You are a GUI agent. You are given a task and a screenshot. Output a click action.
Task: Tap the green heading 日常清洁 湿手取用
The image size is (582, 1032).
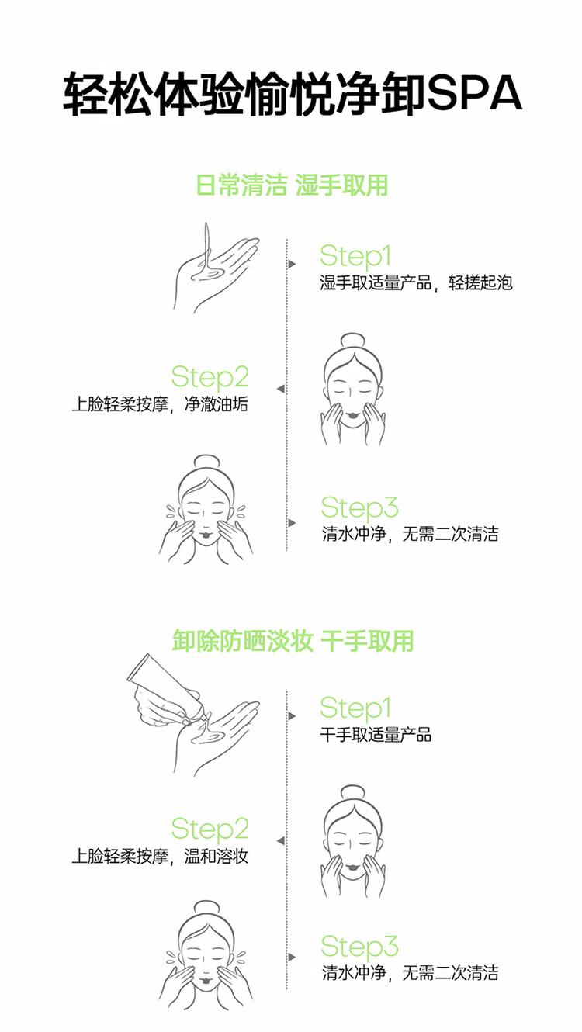click(x=291, y=185)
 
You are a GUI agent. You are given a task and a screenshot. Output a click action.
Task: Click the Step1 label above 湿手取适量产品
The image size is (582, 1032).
click(x=355, y=256)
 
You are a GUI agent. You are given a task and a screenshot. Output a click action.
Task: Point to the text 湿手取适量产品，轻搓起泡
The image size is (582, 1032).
click(x=416, y=282)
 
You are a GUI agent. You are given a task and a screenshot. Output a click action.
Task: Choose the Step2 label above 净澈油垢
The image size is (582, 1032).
click(x=210, y=377)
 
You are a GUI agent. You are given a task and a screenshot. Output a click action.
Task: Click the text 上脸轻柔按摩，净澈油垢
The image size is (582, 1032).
click(x=160, y=404)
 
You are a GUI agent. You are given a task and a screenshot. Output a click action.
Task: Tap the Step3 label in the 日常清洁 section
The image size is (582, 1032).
click(x=359, y=507)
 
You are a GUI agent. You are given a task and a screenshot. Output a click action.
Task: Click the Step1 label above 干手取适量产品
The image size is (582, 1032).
click(x=355, y=708)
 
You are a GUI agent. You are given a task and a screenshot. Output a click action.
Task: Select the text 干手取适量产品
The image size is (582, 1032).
click(x=376, y=734)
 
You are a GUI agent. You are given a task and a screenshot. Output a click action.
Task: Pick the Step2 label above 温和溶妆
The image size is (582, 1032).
click(x=210, y=829)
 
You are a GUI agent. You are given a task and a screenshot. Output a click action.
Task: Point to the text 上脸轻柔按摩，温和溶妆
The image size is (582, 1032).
click(x=160, y=857)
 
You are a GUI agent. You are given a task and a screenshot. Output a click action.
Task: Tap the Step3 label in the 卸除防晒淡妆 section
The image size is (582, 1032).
click(x=359, y=946)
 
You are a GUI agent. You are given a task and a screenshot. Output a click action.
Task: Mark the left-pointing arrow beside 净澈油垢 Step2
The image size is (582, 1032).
click(x=280, y=389)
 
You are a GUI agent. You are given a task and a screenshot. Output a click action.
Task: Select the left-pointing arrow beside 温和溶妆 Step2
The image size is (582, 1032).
click(x=280, y=840)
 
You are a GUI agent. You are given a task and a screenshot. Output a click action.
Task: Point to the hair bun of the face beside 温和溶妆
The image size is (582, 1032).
click(x=352, y=793)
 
